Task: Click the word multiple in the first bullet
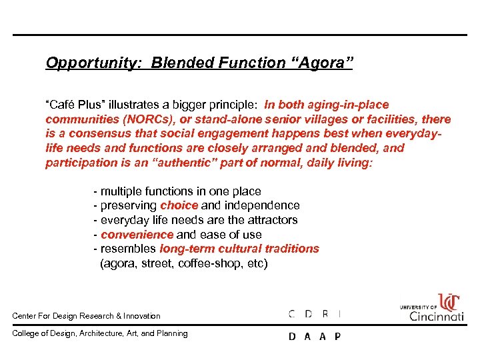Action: tap(122, 191)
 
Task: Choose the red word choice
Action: tap(179, 205)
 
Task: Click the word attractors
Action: tap(269, 220)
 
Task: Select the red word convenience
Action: tap(137, 235)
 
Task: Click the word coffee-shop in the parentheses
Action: tap(207, 263)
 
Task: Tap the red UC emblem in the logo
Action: tap(449, 302)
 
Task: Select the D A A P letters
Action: tap(314, 337)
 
